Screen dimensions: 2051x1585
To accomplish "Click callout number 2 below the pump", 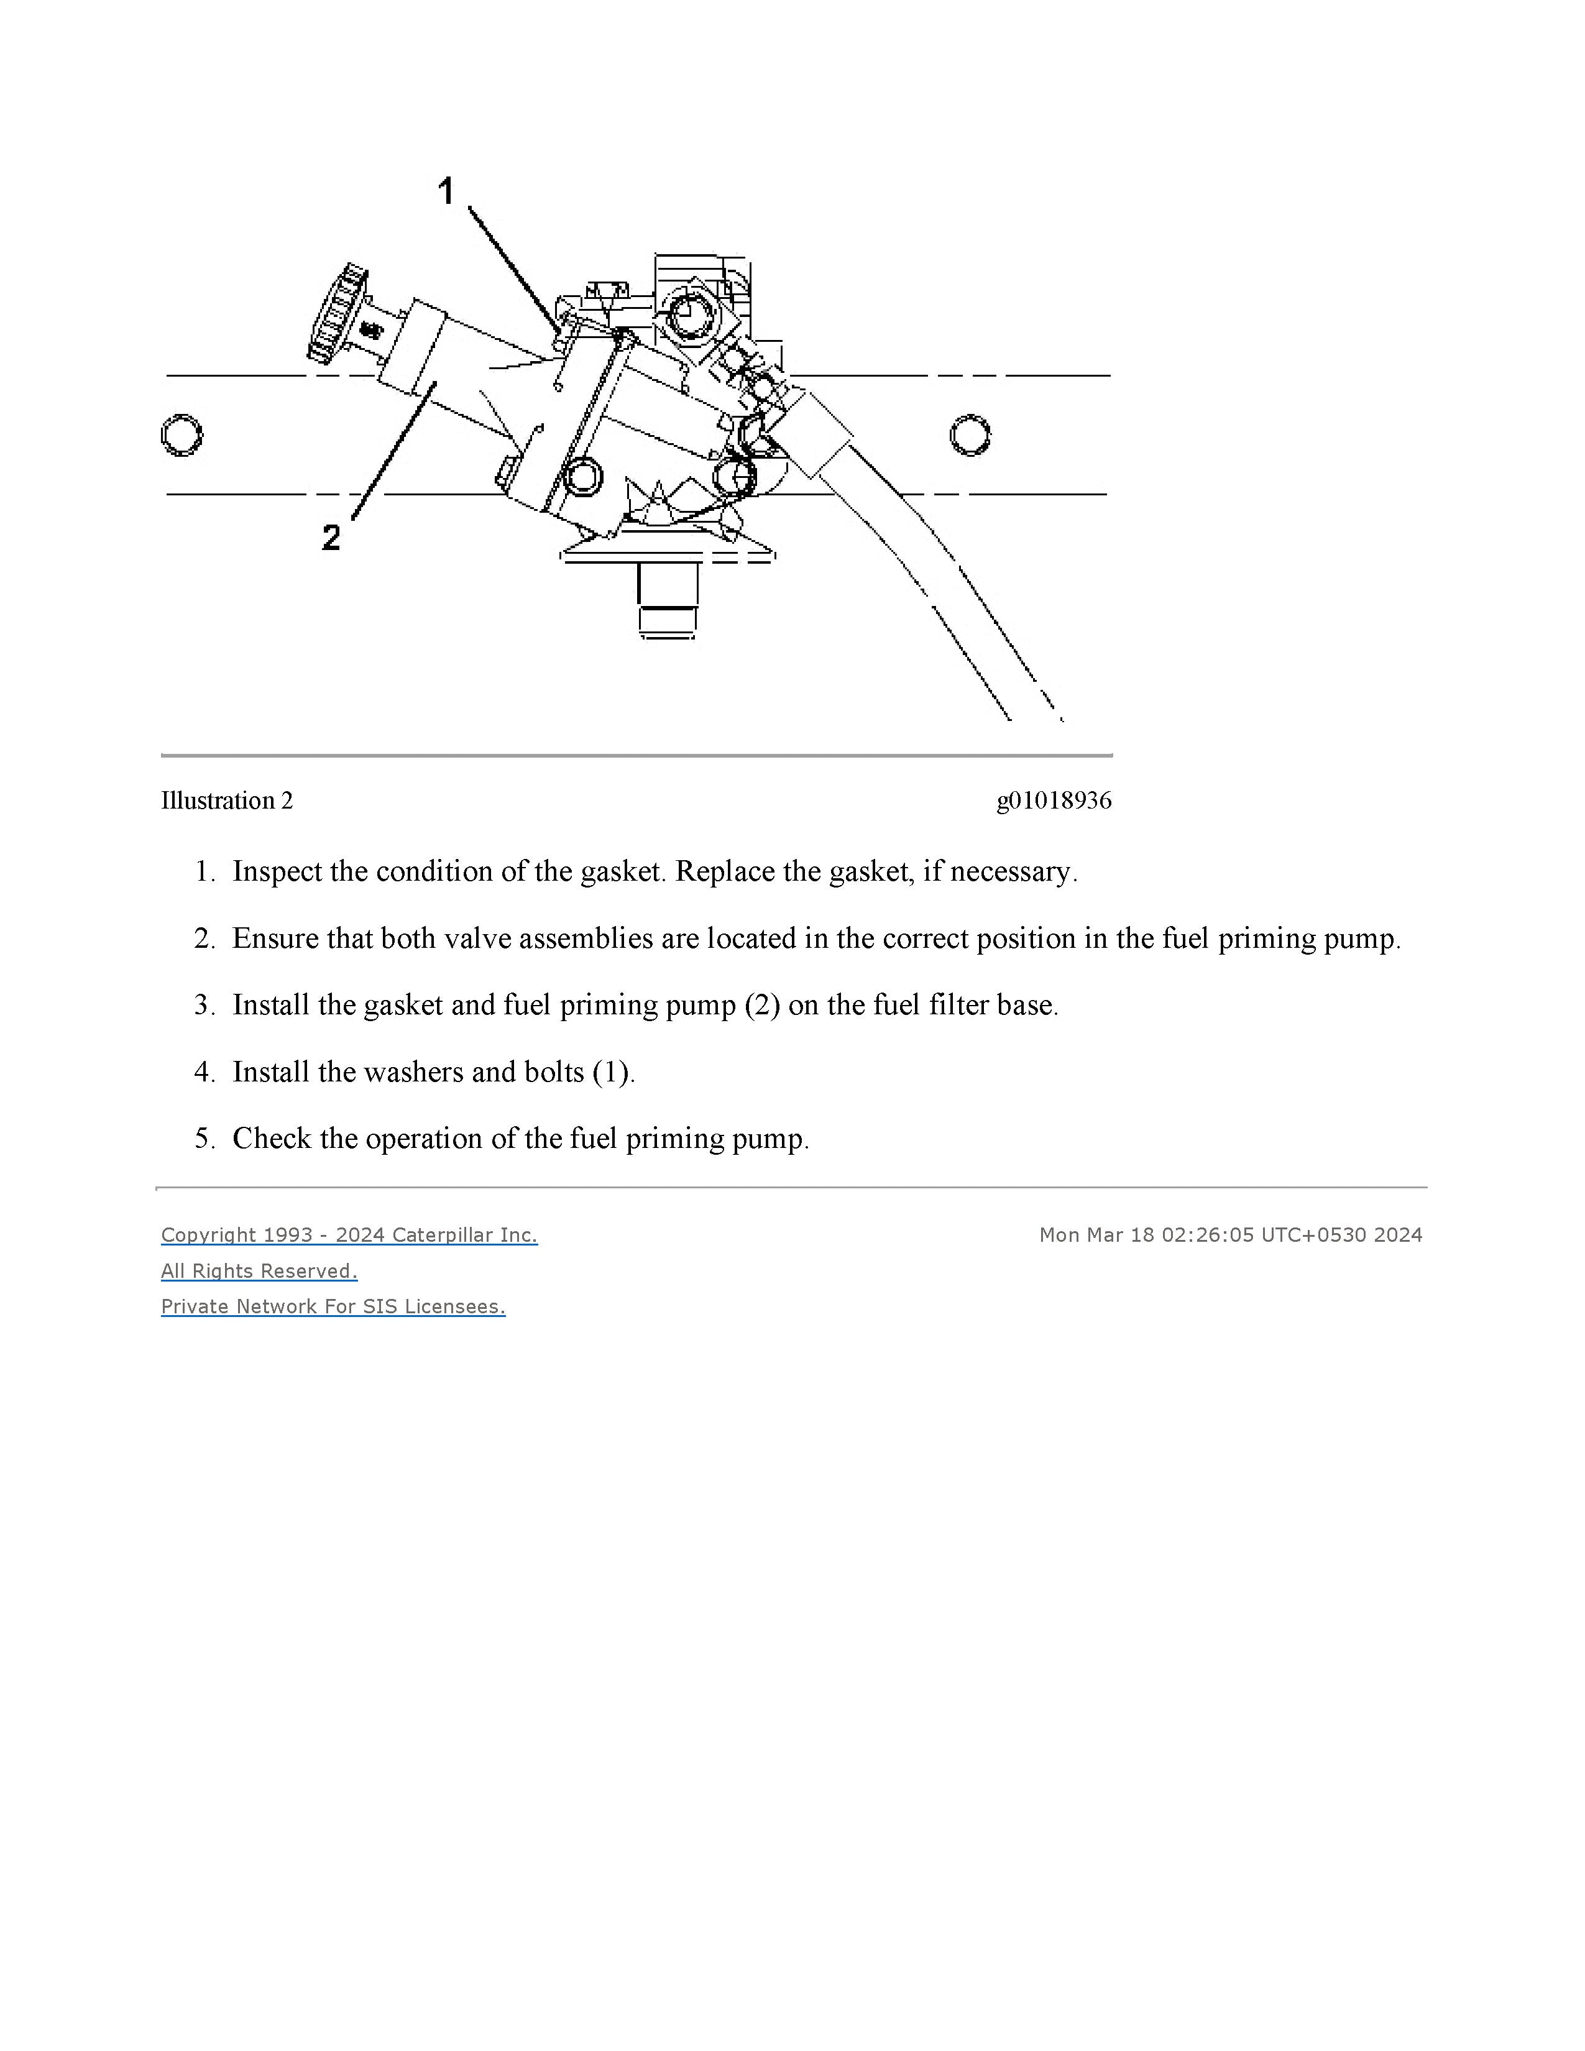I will [331, 537].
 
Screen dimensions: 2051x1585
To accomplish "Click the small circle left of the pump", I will [181, 435].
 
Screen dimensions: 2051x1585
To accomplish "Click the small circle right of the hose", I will [969, 435].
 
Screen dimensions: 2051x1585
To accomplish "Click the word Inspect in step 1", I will [278, 871].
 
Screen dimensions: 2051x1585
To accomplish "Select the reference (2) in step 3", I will [761, 1005].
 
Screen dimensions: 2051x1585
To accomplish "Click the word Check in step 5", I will [272, 1138].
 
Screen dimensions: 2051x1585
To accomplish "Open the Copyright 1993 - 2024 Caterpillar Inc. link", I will [349, 1235].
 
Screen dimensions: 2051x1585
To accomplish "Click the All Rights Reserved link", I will [259, 1270].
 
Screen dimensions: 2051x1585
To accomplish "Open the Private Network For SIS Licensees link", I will [333, 1306].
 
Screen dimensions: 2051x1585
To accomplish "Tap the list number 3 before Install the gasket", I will [204, 1005].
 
